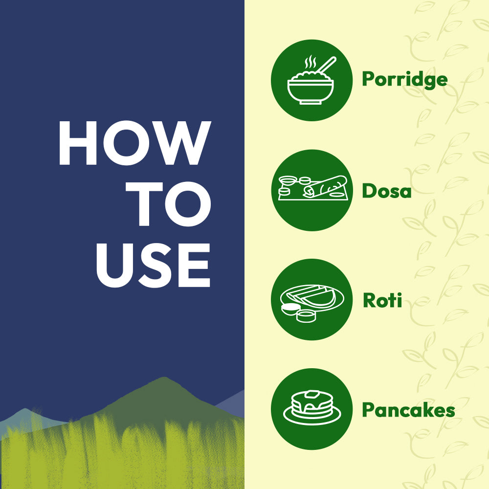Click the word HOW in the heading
(x=135, y=143)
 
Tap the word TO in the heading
(x=168, y=203)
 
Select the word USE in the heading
(x=153, y=265)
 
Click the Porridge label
(x=405, y=80)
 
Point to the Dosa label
(x=387, y=191)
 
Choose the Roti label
(x=382, y=300)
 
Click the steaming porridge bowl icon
(x=311, y=81)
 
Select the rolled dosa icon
(x=313, y=188)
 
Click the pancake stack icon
(x=312, y=408)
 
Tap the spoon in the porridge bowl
(x=326, y=65)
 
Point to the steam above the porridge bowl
(x=311, y=62)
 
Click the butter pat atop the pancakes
(x=312, y=394)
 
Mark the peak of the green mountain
(x=163, y=378)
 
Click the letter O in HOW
(x=126, y=143)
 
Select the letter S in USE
(x=155, y=265)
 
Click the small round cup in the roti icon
(x=306, y=316)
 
